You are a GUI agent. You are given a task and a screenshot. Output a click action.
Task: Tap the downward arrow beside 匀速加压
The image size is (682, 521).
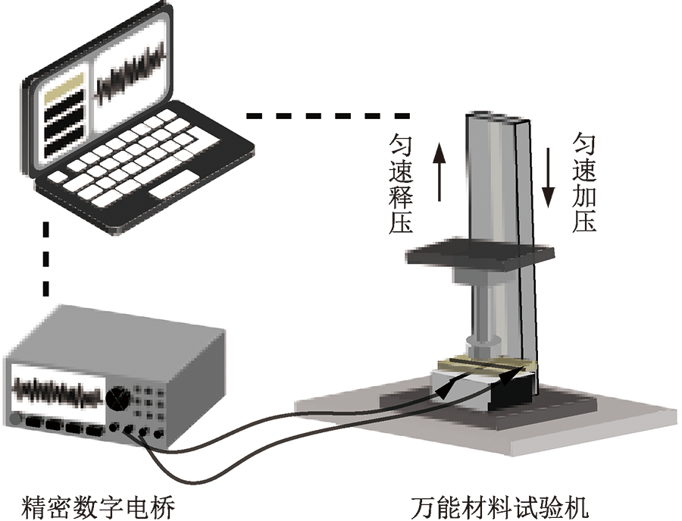[548, 179]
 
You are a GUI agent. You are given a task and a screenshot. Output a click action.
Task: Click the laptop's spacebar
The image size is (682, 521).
[171, 190]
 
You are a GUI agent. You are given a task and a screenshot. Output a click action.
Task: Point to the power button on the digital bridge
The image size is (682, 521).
[14, 419]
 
